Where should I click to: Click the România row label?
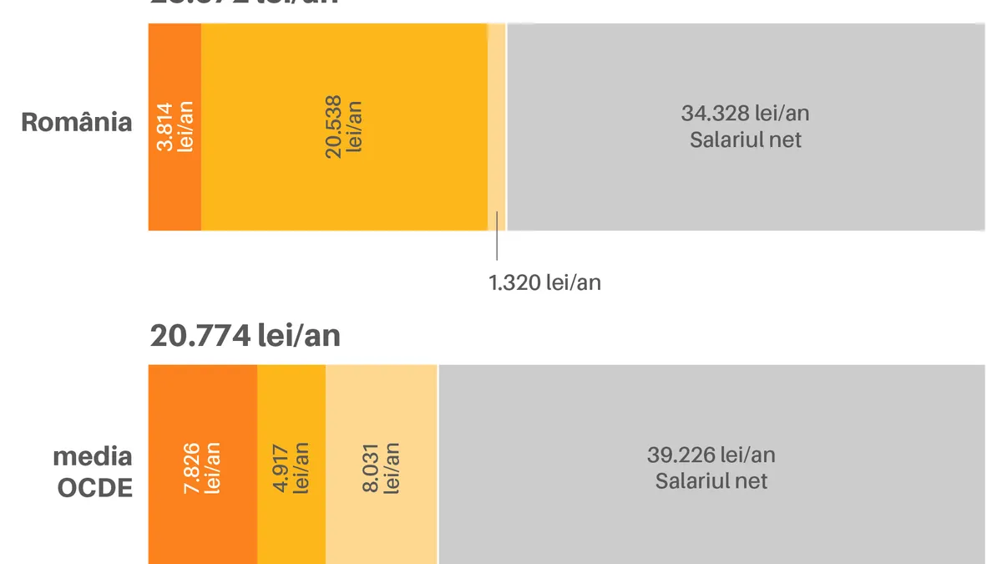[x=77, y=122]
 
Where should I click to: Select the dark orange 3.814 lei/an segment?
[x=175, y=167]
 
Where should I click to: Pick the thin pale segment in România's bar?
[x=496, y=125]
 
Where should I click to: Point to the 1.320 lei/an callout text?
[x=544, y=282]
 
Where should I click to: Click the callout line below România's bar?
[x=497, y=247]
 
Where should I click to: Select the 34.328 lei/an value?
[x=745, y=113]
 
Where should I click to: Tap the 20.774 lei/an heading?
[x=245, y=335]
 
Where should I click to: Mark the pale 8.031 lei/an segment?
[x=381, y=518]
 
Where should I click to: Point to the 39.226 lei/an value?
[x=711, y=455]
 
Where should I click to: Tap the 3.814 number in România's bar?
[x=164, y=127]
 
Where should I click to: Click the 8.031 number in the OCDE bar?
[x=371, y=468]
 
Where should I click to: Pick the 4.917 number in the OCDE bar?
[x=281, y=468]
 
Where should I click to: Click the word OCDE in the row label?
[x=94, y=487]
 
